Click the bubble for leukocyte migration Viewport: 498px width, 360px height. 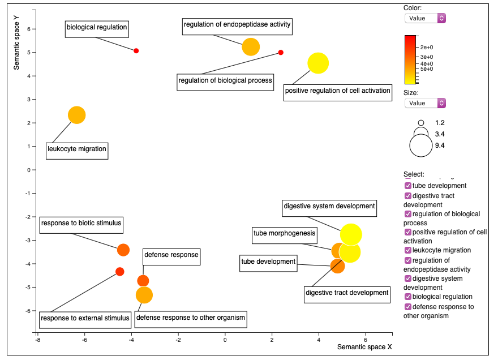(77, 115)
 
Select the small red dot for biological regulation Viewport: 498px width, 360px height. (136, 51)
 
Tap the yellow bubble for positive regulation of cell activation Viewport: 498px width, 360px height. (318, 63)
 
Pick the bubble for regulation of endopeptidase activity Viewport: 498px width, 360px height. (251, 47)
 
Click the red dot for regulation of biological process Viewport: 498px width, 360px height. (281, 53)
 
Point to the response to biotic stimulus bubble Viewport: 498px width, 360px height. (123, 250)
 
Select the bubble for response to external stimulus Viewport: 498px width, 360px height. (120, 272)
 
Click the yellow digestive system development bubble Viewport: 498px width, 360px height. (351, 235)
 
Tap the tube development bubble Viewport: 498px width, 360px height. (337, 266)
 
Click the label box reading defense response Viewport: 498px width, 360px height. (171, 257)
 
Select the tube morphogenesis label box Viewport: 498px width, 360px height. (285, 235)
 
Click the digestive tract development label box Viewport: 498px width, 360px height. (347, 295)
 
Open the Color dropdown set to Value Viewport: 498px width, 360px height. (425, 18)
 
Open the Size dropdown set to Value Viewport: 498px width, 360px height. (425, 103)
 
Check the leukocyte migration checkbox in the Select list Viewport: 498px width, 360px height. (408, 250)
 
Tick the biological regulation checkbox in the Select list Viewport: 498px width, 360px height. (408, 297)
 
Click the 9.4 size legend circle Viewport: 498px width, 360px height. (421, 145)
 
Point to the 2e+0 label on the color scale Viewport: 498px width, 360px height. (427, 48)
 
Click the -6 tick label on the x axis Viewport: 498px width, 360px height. (84, 340)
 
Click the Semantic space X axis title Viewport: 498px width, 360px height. (364, 347)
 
